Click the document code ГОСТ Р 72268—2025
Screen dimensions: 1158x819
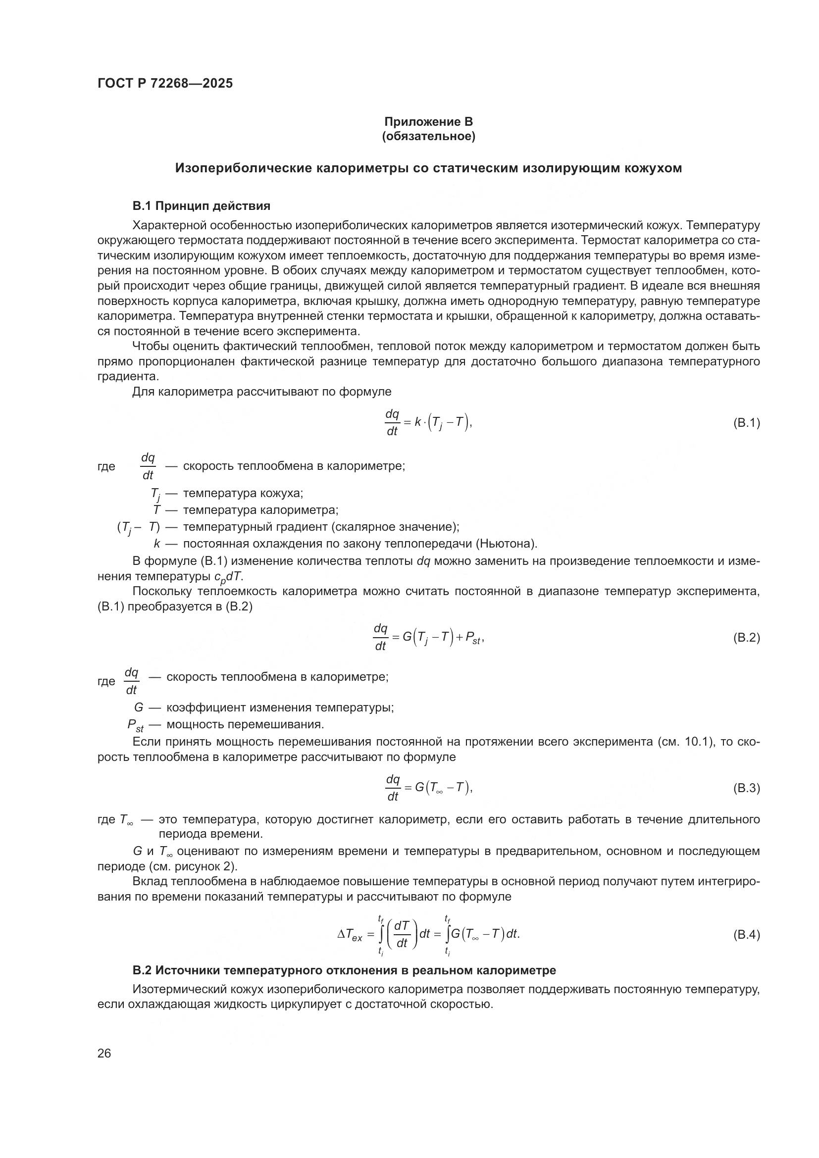(x=165, y=83)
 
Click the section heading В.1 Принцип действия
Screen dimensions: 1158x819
(x=201, y=206)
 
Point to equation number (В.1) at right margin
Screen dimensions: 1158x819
(x=746, y=423)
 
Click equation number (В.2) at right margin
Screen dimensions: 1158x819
(x=746, y=638)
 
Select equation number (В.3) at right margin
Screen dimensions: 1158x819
(x=746, y=788)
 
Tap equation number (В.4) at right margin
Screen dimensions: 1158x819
(x=746, y=935)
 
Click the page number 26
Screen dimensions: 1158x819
(x=104, y=1053)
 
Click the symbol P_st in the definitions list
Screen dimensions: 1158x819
(x=135, y=725)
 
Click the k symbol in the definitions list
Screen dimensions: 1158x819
(x=157, y=544)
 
